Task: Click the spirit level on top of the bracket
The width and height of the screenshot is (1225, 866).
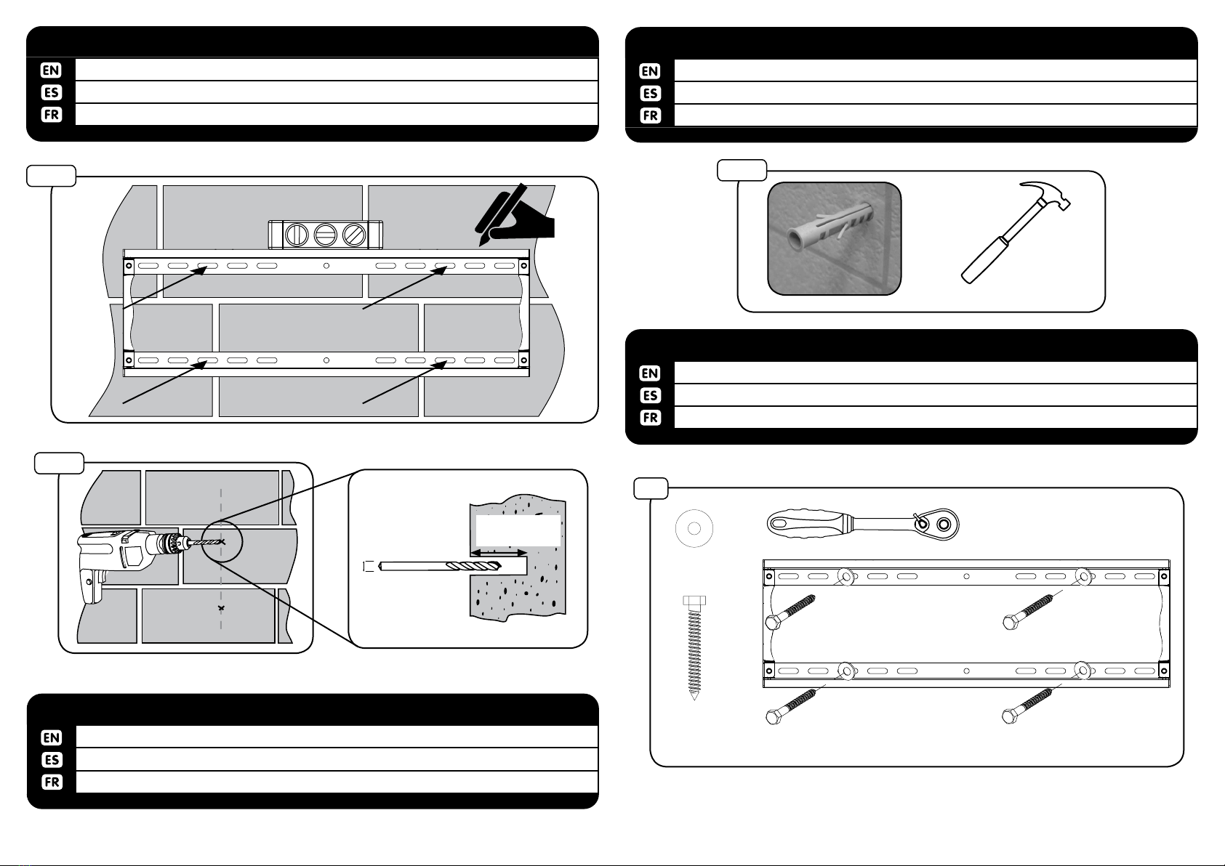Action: pos(325,235)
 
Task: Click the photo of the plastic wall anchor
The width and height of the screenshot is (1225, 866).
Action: pos(835,238)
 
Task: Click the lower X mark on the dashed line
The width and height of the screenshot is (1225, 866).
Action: pos(220,607)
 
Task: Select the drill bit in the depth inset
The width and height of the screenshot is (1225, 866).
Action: pos(443,567)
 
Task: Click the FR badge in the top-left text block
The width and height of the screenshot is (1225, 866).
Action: pos(52,115)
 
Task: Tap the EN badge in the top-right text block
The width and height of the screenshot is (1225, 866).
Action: pos(650,70)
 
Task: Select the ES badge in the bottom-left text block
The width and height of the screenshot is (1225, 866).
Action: pos(52,760)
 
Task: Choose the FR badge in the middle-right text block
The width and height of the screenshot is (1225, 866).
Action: pos(650,418)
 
